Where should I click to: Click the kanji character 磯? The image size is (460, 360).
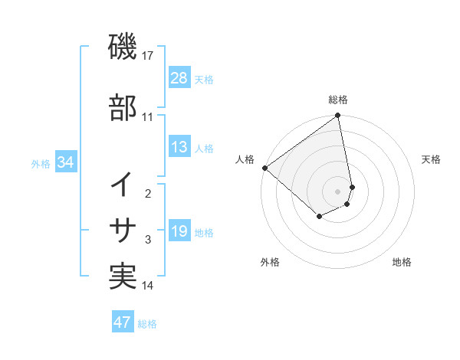tap(123, 49)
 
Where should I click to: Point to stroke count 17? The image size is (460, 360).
tap(149, 56)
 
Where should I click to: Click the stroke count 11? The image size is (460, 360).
tap(147, 117)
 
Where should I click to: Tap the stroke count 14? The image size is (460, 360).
tap(148, 286)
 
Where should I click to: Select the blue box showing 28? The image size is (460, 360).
tap(179, 77)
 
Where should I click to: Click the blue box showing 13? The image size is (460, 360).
tap(179, 147)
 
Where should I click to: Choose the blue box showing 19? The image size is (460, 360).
tap(179, 231)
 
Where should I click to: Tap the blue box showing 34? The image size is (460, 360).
tap(66, 162)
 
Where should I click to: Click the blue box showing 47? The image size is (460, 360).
tap(123, 322)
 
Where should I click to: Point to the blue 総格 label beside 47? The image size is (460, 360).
tap(147, 324)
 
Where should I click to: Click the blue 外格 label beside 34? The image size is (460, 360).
tap(41, 163)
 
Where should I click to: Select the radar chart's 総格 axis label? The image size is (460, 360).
tap(338, 100)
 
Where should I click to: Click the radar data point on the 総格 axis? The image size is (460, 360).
tap(338, 116)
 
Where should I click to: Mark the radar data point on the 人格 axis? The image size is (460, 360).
tap(264, 168)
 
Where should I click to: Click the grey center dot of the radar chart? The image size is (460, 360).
tap(338, 191)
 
